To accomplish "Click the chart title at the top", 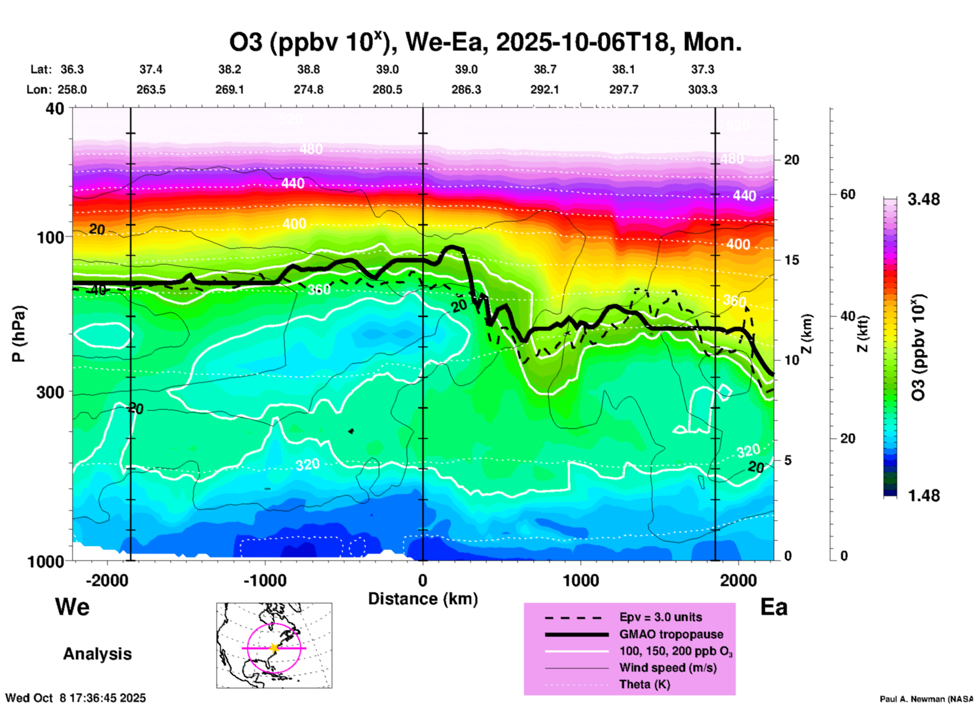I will (x=485, y=42).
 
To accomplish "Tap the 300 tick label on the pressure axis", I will (x=50, y=392).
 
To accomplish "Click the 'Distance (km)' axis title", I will (x=423, y=599).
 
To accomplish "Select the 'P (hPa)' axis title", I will (x=19, y=334).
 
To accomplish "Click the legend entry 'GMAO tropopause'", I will (x=671, y=634).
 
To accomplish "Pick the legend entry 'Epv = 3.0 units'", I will (x=660, y=617).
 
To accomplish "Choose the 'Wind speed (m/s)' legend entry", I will (x=668, y=668).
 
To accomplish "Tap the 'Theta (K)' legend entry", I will (x=644, y=684).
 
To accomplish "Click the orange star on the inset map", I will (x=274, y=648).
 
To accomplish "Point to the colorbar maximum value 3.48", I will (x=923, y=199).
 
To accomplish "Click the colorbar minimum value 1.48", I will (x=923, y=496).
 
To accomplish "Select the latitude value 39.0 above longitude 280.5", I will (x=387, y=69).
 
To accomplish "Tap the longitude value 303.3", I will (x=702, y=90).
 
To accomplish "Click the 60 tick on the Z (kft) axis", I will (x=848, y=194).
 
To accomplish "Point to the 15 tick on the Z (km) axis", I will (x=791, y=260).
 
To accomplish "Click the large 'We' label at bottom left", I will (x=72, y=606).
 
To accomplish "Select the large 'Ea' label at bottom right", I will (x=774, y=607).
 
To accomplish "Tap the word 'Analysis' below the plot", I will (x=97, y=653).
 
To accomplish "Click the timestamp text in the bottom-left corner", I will (x=76, y=698).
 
